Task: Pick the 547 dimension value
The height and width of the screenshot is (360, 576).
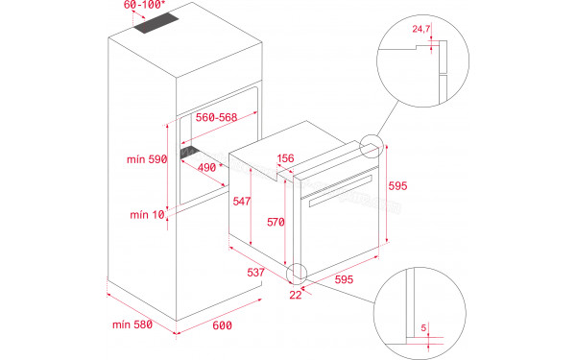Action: tap(242, 202)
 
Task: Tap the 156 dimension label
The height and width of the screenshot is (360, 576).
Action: tap(285, 159)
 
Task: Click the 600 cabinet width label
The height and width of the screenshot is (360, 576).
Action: tap(223, 326)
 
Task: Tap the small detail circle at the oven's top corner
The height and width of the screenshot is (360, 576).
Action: tap(370, 147)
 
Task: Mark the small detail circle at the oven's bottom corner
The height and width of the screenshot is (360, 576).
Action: tap(299, 272)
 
